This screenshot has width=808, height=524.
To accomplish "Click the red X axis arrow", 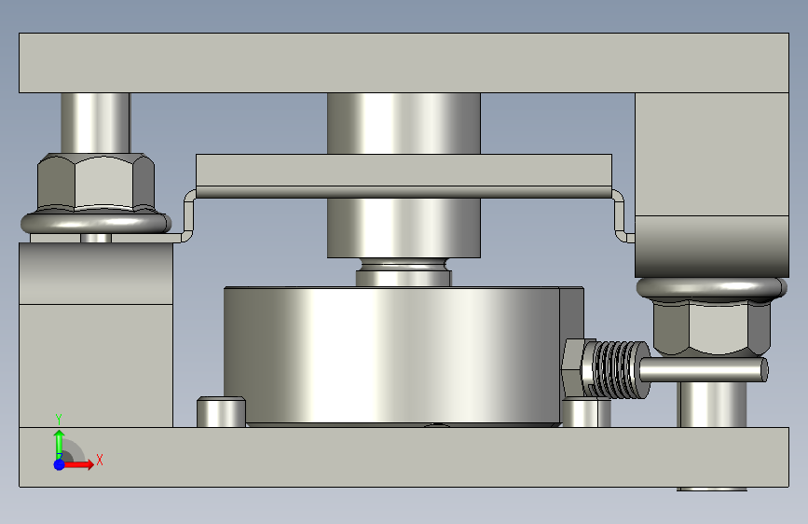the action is click(78, 464).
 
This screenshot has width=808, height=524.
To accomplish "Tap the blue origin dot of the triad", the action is click(60, 464).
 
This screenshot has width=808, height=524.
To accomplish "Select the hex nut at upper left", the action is click(96, 182).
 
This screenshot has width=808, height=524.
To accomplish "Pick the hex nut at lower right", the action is click(712, 328).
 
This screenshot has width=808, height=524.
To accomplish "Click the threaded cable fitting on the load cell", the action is click(606, 369).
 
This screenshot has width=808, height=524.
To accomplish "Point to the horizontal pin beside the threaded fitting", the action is click(704, 370).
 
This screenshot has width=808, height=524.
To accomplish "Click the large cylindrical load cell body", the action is click(391, 356).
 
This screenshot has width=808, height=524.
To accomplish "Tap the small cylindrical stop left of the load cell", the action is click(221, 411).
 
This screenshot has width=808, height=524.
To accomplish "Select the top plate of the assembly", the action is click(404, 62).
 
